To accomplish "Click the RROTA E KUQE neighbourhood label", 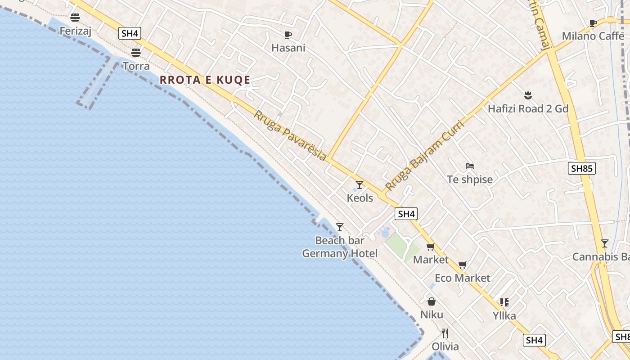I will point(205,80).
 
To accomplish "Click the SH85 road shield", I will point(582,168).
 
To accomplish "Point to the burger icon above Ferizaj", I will point(75,18).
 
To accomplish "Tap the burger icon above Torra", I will point(136,53).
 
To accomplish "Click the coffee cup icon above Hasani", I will point(288,35).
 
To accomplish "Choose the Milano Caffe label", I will point(593,36).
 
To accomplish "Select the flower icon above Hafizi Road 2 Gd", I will point(528,95).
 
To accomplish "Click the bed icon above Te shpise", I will point(470,166).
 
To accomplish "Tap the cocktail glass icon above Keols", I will point(360,184).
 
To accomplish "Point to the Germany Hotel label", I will point(340,253).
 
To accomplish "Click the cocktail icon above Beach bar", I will point(340,227).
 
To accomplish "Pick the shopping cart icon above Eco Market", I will point(462,265).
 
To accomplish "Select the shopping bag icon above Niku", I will point(431,301).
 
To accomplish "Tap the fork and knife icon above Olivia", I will point(445,333).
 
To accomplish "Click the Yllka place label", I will point(504,315).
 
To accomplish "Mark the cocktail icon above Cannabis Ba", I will point(605,243).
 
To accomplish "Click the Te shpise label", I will point(470,180).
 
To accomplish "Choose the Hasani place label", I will point(288,48).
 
